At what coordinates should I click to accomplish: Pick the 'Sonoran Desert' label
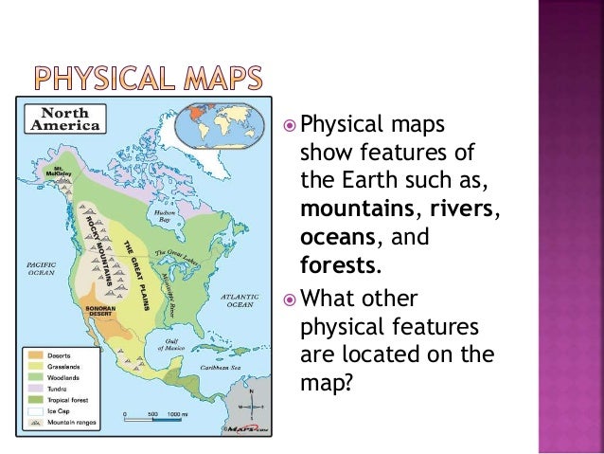click(x=98, y=310)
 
